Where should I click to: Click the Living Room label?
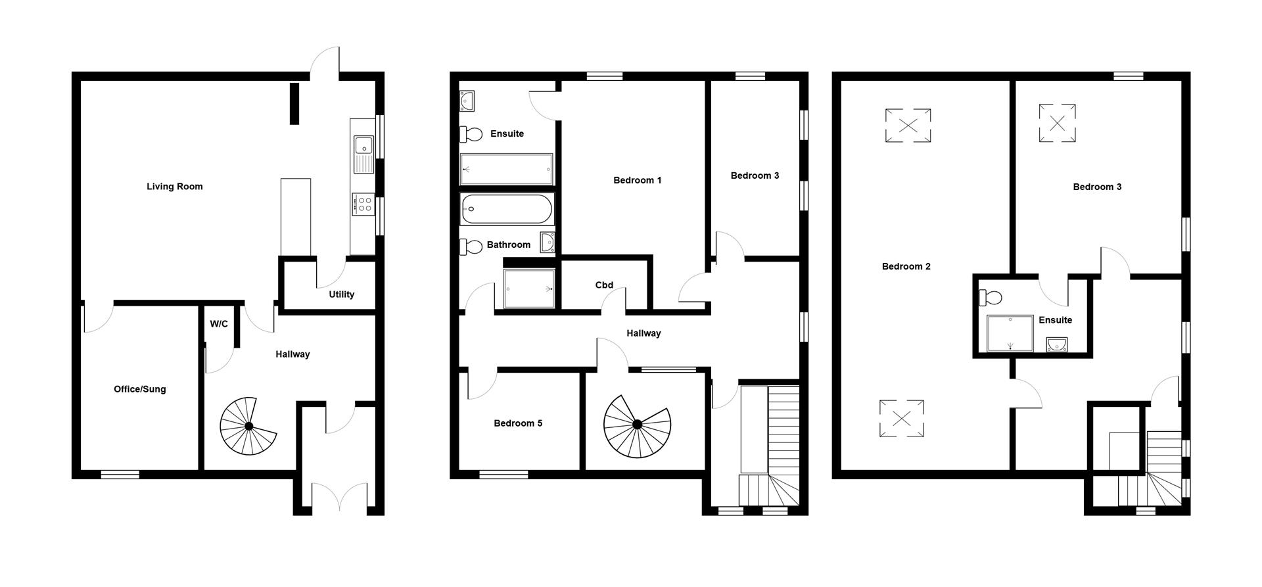pos(174,187)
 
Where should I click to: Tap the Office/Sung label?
pos(139,389)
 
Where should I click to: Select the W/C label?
pos(219,324)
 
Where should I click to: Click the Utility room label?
pos(341,294)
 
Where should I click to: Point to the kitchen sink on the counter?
pos(363,154)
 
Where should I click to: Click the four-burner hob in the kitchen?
pos(362,204)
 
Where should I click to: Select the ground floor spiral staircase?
pos(248,427)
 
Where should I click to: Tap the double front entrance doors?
pos(339,498)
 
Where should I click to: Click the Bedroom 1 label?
pos(637,180)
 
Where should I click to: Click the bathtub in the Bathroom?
pos(506,209)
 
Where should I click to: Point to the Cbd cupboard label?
pos(604,285)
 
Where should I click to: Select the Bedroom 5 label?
pos(518,423)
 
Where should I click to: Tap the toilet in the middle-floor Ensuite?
pos(471,134)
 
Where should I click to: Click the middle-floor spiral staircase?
pos(637,426)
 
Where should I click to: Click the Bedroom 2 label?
pos(906,266)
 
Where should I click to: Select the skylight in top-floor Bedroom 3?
pos(1057,123)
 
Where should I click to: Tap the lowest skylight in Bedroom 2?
pos(901,419)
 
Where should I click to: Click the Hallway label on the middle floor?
pos(643,333)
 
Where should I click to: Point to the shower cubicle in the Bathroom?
pos(529,289)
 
